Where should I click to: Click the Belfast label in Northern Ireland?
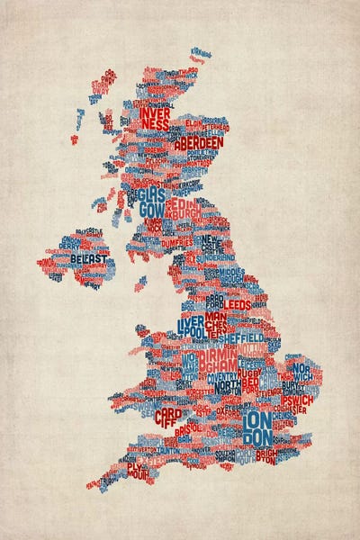click(89, 259)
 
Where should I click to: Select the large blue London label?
click(258, 428)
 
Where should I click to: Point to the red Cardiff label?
click(167, 418)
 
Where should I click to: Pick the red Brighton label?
click(266, 456)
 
